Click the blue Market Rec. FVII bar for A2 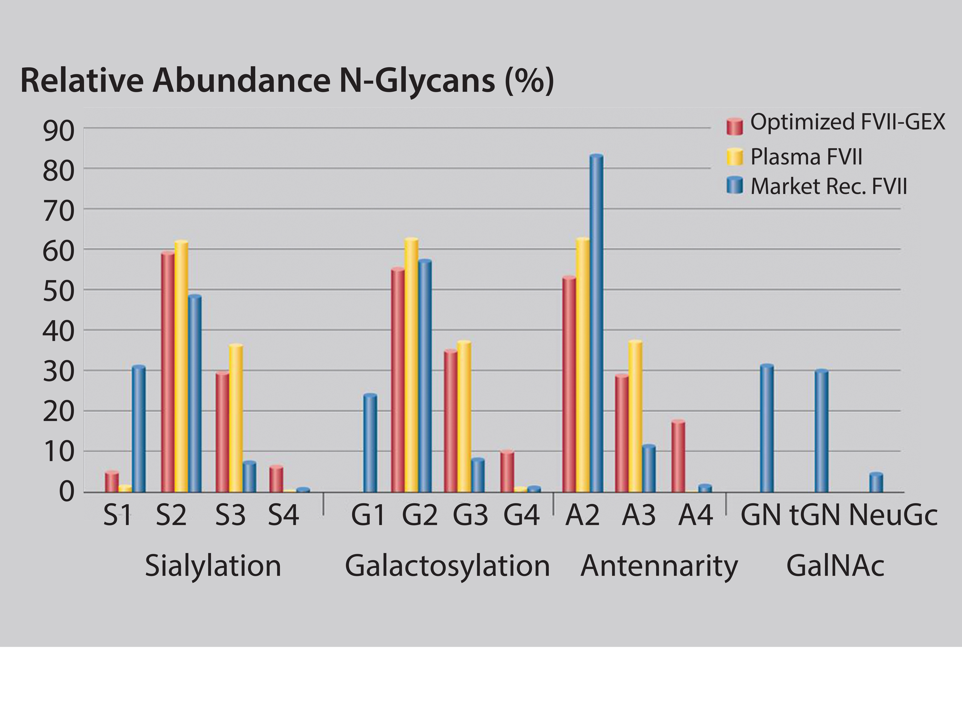[596, 324]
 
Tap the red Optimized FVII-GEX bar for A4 [678, 457]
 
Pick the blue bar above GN [767, 428]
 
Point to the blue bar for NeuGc [876, 483]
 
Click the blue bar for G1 [370, 443]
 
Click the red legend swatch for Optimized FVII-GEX [735, 126]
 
